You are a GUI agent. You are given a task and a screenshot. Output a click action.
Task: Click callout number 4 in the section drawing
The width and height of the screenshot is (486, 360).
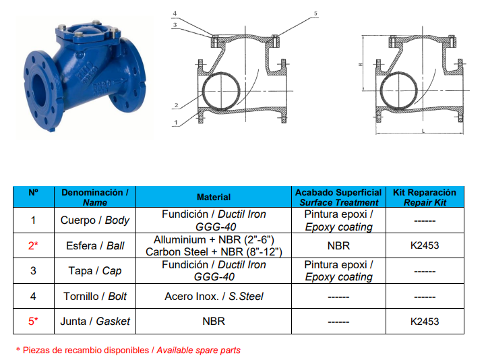175,13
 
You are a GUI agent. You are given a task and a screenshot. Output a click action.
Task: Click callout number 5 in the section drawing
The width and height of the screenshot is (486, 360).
315,13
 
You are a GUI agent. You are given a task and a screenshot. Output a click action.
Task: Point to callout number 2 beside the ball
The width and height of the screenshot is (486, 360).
177,105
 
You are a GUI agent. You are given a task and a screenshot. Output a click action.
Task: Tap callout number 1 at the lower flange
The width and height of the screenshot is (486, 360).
176,123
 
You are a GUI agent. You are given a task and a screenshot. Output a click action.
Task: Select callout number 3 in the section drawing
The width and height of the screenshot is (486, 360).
175,25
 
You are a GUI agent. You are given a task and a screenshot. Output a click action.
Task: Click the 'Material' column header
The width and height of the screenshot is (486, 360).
214,198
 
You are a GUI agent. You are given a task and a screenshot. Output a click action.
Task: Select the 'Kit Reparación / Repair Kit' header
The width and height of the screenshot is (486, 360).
425,198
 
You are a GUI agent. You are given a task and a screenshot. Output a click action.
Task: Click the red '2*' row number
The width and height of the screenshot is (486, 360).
33,245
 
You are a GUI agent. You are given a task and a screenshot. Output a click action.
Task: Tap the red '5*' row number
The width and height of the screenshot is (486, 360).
33,322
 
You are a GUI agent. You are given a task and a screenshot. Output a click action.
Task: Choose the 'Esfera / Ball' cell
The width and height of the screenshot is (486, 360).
95,245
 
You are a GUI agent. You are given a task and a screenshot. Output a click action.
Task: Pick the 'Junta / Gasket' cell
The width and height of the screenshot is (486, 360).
95,322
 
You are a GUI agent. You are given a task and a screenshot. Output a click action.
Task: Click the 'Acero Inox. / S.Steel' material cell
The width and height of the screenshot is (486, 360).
214,297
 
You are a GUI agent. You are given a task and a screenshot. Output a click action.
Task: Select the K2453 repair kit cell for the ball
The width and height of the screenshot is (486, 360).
425,245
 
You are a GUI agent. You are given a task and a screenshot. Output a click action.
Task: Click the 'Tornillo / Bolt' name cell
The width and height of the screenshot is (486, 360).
95,297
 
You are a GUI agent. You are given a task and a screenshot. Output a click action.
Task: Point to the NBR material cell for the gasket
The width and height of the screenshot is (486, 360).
214,322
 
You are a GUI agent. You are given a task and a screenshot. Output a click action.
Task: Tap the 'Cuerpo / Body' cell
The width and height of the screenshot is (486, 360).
95,220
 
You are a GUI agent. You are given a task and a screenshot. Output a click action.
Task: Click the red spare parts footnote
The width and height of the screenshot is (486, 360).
128,351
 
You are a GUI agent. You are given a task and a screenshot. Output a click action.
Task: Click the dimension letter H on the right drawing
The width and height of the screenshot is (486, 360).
360,65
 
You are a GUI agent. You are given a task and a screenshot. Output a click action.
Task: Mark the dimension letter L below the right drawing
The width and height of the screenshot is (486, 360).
423,131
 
